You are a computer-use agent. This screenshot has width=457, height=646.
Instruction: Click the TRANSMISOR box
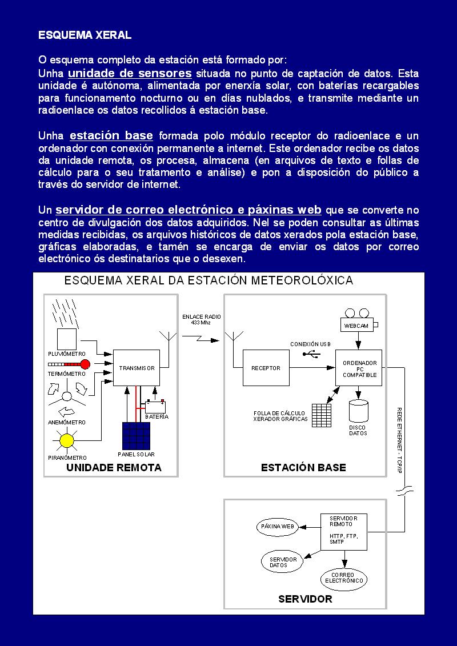click(x=137, y=368)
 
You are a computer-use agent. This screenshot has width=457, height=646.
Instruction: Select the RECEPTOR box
click(x=266, y=368)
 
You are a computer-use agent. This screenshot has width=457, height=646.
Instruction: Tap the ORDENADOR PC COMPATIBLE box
click(x=359, y=368)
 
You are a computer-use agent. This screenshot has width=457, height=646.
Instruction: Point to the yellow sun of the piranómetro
click(x=67, y=440)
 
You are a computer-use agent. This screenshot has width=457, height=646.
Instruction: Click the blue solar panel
click(x=135, y=436)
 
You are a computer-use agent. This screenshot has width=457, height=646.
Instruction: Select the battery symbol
click(x=155, y=407)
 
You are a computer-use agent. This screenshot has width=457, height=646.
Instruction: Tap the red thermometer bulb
click(x=85, y=364)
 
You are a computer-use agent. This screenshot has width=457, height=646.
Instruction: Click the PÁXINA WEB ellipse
click(x=277, y=526)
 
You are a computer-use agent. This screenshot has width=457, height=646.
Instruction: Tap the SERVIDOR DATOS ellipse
click(x=283, y=562)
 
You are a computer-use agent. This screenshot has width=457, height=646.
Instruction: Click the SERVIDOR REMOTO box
click(x=342, y=532)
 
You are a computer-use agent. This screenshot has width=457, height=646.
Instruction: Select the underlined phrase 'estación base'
click(x=111, y=135)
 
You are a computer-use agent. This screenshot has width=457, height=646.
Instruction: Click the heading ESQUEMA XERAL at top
click(x=85, y=35)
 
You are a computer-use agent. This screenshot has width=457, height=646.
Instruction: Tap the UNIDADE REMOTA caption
click(x=114, y=467)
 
